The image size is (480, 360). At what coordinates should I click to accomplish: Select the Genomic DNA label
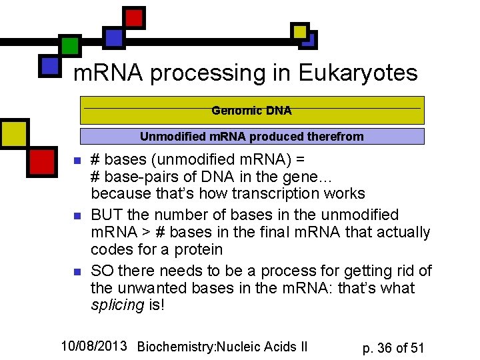pyautogui.click(x=251, y=111)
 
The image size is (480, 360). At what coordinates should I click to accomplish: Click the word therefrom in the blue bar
pyautogui.click(x=335, y=137)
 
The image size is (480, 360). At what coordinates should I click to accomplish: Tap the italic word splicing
pyautogui.click(x=117, y=306)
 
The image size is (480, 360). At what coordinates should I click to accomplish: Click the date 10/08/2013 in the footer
pyautogui.click(x=94, y=345)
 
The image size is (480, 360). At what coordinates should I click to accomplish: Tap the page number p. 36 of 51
pyautogui.click(x=393, y=347)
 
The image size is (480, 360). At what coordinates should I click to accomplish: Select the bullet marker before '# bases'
pyautogui.click(x=77, y=161)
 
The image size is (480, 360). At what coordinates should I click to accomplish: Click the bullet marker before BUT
pyautogui.click(x=77, y=216)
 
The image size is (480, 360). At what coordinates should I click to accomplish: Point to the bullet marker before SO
pyautogui.click(x=77, y=272)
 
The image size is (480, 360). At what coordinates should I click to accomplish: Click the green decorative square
pyautogui.click(x=69, y=45)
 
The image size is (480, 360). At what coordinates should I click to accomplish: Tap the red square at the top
pyautogui.click(x=135, y=18)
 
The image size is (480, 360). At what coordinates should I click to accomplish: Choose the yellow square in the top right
pyautogui.click(x=299, y=31)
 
